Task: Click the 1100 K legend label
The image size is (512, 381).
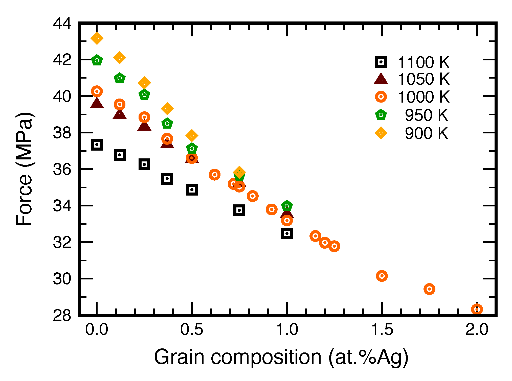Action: [x=423, y=62]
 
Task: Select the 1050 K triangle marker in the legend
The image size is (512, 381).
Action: [x=381, y=79]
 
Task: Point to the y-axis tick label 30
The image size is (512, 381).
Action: [x=62, y=279]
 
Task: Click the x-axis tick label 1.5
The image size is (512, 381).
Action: [x=382, y=329]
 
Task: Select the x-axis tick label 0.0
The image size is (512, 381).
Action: [x=97, y=329]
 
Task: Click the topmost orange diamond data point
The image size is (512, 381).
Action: [x=97, y=38]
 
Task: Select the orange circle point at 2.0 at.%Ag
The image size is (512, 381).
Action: [x=477, y=309]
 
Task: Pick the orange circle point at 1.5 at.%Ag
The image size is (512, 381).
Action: [x=382, y=276]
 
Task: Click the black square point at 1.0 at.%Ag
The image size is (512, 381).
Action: [x=287, y=233]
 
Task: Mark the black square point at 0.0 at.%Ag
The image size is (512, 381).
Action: [x=97, y=145]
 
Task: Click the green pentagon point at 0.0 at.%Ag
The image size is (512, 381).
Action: [x=97, y=60]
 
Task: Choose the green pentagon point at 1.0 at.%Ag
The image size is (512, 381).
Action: [x=287, y=206]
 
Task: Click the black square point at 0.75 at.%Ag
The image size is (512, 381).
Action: [x=239, y=210]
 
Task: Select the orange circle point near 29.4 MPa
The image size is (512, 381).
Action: [x=429, y=289]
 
